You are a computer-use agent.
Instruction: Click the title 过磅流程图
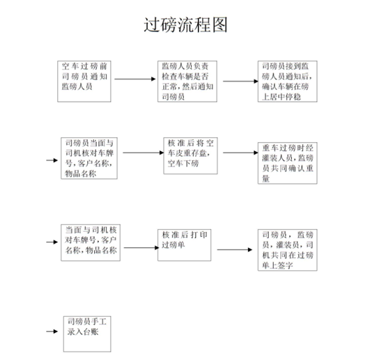(x=185, y=25)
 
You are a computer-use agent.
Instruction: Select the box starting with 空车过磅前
(x=84, y=81)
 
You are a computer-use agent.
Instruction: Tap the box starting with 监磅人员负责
(x=187, y=81)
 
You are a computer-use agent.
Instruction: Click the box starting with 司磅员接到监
(x=288, y=81)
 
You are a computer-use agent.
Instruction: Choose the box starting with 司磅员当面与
(x=89, y=158)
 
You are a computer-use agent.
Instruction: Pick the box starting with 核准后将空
(x=190, y=156)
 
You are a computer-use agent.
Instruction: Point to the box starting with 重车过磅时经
(x=288, y=163)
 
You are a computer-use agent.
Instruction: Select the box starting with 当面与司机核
(x=91, y=242)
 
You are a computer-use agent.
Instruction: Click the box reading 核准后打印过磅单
(x=185, y=245)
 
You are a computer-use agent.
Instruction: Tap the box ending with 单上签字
(x=288, y=250)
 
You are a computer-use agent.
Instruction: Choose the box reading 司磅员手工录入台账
(x=87, y=334)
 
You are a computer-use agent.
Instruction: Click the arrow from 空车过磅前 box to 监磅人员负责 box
(x=135, y=79)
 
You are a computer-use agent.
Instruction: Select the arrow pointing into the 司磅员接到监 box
(x=240, y=81)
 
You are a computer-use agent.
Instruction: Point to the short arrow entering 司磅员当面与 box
(x=52, y=160)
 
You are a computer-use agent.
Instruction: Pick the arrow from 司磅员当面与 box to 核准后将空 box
(x=144, y=152)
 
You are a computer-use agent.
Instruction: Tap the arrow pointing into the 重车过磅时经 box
(x=240, y=152)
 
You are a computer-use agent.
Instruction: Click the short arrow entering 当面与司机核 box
(x=52, y=242)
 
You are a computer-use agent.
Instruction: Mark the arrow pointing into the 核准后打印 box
(x=141, y=248)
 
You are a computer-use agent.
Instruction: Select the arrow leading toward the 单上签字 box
(x=235, y=250)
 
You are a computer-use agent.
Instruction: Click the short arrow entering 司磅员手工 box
(x=52, y=331)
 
